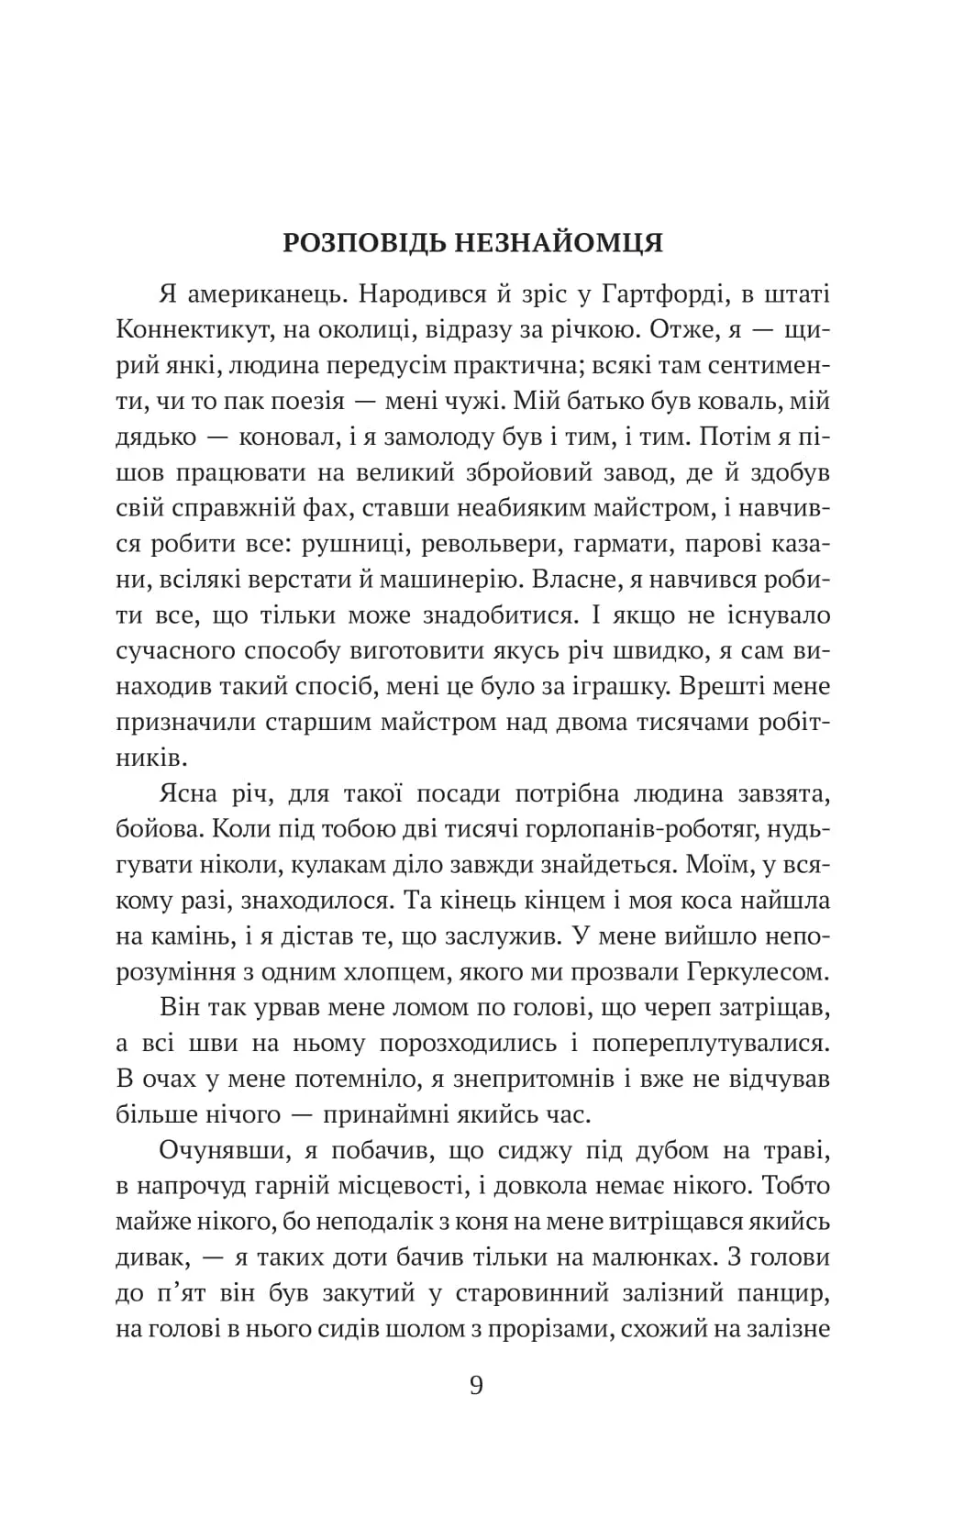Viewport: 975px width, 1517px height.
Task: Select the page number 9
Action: (476, 1384)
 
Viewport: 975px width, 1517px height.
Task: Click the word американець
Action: (255, 294)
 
